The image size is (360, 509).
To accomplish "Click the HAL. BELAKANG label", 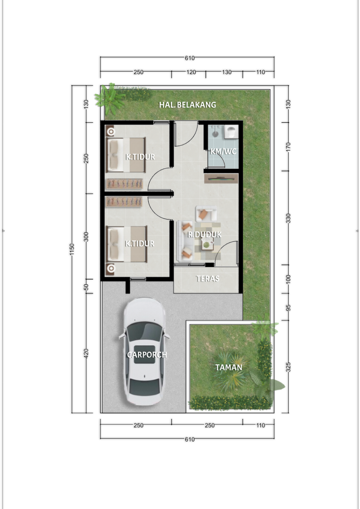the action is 187,105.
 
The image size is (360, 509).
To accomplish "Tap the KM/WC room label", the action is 223,151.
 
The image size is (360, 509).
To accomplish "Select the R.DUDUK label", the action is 205,234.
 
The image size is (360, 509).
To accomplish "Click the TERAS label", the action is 208,279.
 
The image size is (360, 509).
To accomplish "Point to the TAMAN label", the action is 229,367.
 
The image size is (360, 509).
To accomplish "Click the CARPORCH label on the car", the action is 147,355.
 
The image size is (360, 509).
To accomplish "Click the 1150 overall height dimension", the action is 72,249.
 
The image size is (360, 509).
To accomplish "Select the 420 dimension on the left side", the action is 86,354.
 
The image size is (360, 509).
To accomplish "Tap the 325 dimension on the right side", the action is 288,367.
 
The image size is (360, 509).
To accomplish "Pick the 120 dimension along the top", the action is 191,72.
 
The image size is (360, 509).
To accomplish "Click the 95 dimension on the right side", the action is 288,308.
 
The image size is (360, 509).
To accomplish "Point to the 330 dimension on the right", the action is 288,218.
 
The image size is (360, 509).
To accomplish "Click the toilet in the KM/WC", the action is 231,132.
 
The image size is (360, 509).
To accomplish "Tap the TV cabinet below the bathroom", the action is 221,178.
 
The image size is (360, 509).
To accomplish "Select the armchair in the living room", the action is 206,214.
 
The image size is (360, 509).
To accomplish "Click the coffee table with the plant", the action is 207,245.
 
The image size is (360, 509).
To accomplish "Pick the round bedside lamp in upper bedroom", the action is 111,131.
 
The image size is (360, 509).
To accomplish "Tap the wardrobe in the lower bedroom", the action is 124,202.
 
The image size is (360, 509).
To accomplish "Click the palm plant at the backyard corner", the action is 110,99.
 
